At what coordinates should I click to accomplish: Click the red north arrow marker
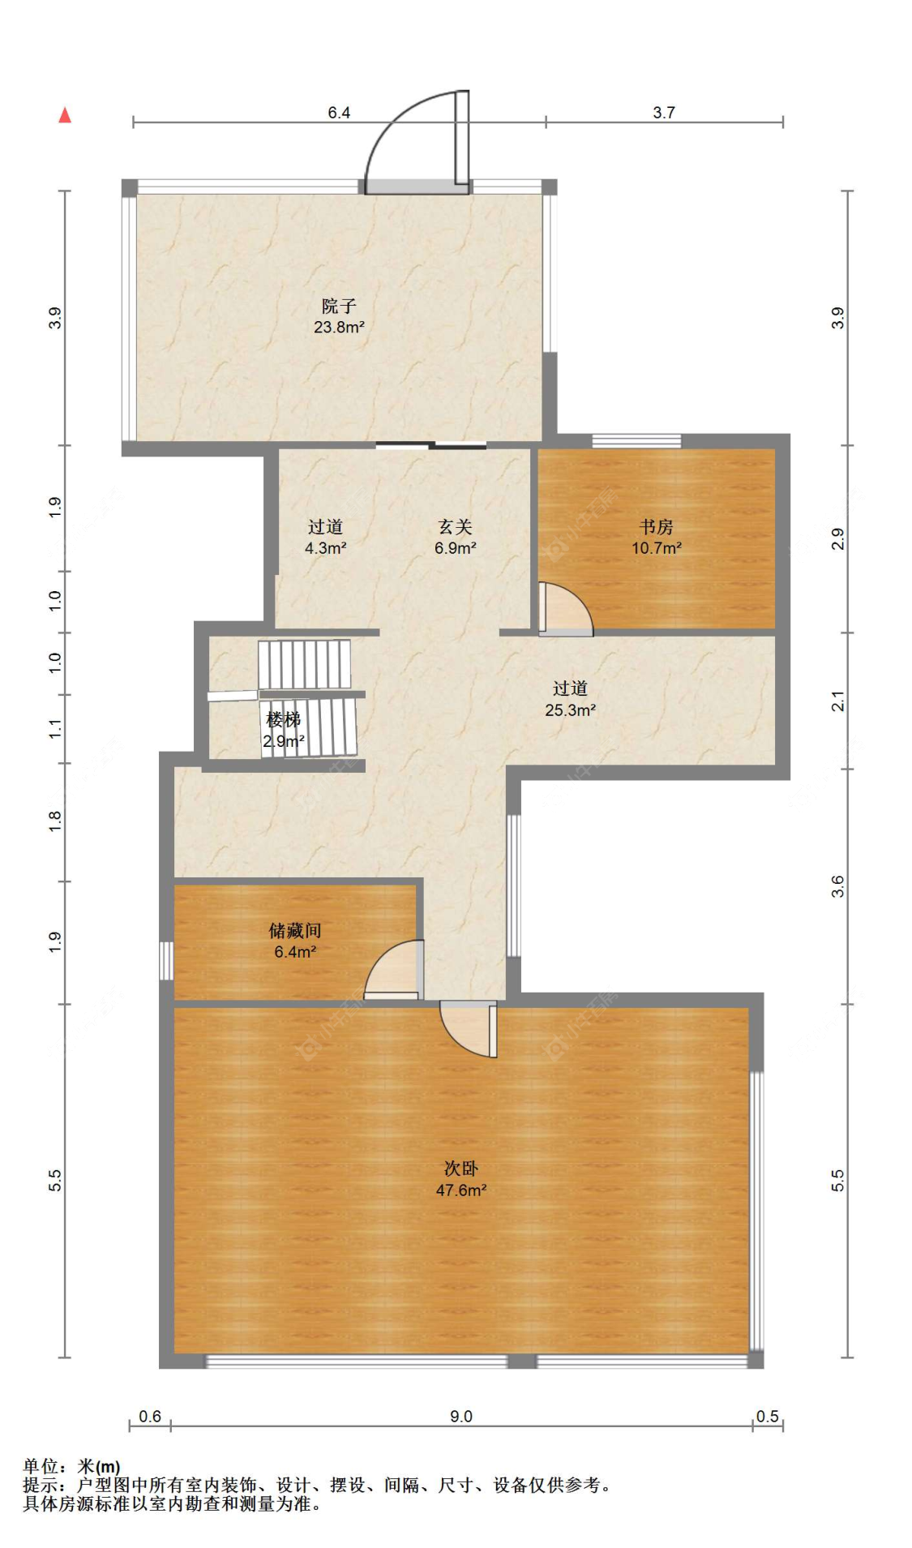pos(65,115)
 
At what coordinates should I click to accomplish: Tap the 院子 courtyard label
pos(339,306)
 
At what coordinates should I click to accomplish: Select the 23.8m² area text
pos(339,328)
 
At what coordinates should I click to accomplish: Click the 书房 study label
pos(656,526)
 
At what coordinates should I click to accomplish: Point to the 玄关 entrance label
pos(455,526)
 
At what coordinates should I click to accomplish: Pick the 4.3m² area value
pos(326,548)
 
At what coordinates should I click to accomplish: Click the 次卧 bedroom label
pos(460,1168)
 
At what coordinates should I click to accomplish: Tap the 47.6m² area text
pos(461,1190)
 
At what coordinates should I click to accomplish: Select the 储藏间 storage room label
pos(295,930)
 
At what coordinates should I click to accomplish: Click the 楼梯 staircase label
pos(284,719)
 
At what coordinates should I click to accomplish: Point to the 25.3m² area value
pos(571,710)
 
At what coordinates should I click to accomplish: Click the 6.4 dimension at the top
pos(339,113)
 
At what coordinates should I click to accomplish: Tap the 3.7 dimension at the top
pos(664,113)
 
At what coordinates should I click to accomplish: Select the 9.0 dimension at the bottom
pos(461,1416)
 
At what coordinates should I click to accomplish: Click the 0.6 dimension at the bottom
pos(150,1416)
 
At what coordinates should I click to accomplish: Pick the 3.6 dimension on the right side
pos(837,886)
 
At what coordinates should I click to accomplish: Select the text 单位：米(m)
pos(71,1466)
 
